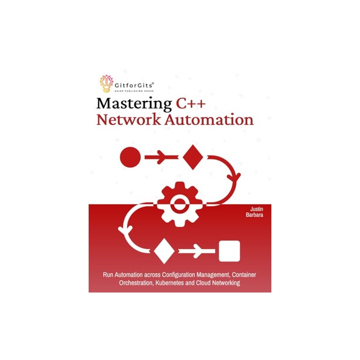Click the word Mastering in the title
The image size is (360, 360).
point(134,104)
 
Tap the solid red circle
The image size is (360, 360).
point(130,157)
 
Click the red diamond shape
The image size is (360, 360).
point(192,157)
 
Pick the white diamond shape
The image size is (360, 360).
point(164,251)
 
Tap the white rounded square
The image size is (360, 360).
point(229,251)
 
